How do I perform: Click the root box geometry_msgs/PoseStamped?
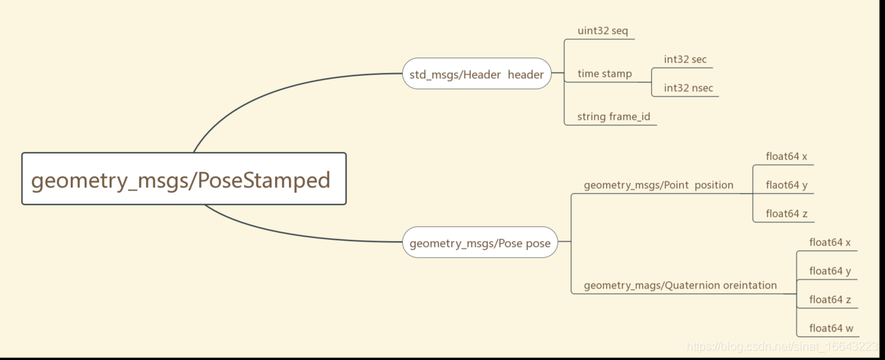tap(184, 179)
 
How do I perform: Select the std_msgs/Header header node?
tap(476, 74)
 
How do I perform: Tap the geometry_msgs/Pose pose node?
tap(479, 243)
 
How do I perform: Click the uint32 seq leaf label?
tap(602, 32)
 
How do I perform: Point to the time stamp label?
tap(604, 74)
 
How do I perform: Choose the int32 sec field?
tap(685, 60)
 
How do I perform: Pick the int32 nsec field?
tap(688, 89)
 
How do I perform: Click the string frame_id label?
tap(614, 117)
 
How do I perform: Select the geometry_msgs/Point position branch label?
tap(658, 185)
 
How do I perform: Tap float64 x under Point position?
tap(786, 156)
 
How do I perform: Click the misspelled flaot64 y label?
tap(786, 185)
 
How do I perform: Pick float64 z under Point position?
tap(786, 214)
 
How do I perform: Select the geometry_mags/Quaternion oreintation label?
tap(680, 285)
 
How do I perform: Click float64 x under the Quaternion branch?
tap(830, 242)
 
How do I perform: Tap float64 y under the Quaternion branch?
tap(830, 271)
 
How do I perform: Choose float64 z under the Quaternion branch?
tap(830, 300)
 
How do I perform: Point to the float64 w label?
tap(831, 328)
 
